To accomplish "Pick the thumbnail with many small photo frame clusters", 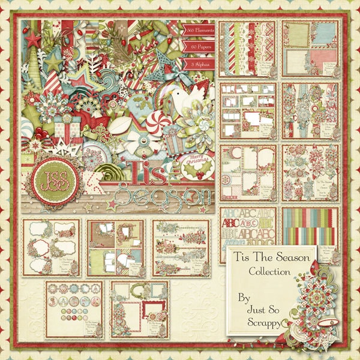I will pos(248,110).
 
